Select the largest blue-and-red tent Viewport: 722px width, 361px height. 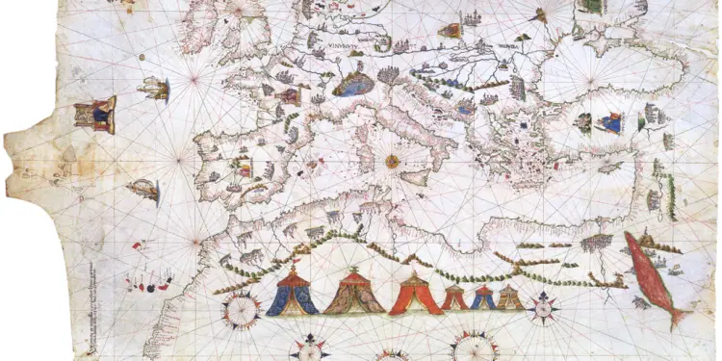coord(292,294)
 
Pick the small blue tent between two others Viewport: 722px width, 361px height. coord(482,297)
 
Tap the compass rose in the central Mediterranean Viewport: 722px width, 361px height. coord(392,162)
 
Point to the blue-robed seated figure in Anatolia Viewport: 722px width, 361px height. coord(610,122)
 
